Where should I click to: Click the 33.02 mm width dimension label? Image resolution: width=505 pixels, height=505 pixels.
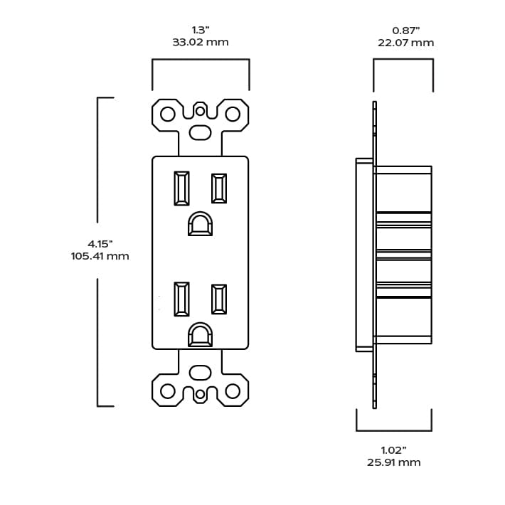200,42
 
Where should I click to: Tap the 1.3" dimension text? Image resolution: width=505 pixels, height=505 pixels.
200,30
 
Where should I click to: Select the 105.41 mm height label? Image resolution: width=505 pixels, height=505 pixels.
100,256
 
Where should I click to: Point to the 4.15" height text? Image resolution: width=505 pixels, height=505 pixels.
100,243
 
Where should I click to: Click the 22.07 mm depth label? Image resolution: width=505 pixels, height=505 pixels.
405,43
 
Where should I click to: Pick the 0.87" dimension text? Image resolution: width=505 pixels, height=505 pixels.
405,30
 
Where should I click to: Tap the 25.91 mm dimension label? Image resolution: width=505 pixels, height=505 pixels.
393,462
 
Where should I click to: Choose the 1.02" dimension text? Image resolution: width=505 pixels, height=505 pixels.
393,450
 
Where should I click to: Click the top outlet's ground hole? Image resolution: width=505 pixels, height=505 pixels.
200,224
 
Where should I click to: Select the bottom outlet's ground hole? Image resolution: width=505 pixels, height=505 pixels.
200,335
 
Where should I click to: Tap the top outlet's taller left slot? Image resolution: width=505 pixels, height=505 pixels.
181,188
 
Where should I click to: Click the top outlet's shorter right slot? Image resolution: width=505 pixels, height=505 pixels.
218,188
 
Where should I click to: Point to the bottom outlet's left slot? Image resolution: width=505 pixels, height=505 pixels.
181,299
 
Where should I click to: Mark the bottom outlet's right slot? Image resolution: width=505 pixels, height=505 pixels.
218,299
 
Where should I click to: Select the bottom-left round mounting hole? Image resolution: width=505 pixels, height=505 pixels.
168,390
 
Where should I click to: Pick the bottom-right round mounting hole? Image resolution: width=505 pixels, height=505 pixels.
233,390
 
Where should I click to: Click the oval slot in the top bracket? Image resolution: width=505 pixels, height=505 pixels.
200,132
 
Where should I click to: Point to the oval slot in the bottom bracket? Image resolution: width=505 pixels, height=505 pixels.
200,372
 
